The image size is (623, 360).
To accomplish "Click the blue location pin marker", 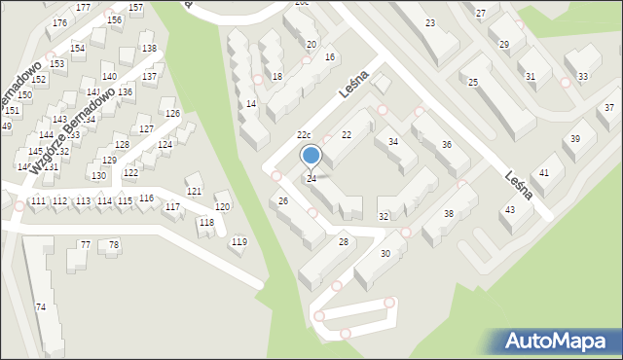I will [311, 156].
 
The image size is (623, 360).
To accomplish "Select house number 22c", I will [304, 134].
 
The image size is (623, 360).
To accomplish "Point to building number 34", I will [393, 142].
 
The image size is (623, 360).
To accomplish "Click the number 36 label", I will [447, 145].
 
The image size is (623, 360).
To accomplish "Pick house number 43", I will [509, 210].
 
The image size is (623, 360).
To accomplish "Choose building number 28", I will [343, 241].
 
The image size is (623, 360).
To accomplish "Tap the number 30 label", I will [385, 254].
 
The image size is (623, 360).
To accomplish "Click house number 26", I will [283, 201].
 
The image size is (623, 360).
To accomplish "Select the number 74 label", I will [41, 307].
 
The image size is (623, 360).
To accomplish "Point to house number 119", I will [238, 241].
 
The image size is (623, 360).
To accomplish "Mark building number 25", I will [473, 84].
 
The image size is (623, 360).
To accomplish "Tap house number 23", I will [430, 22].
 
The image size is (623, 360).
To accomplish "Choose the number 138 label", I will [148, 48].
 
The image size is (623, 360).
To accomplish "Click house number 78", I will [114, 244].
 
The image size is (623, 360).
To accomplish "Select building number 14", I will [251, 104].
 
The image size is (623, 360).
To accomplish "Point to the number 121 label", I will [194, 191].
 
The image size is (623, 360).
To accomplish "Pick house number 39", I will [575, 139].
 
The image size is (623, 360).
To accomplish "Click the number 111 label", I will [38, 200].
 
